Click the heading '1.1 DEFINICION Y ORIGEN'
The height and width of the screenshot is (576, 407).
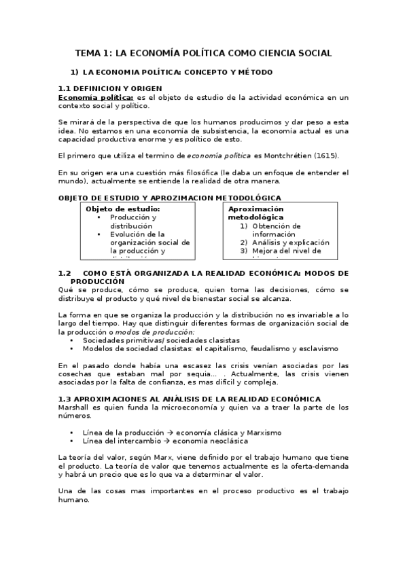[109, 89]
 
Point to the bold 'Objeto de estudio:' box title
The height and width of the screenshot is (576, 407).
[123, 209]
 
